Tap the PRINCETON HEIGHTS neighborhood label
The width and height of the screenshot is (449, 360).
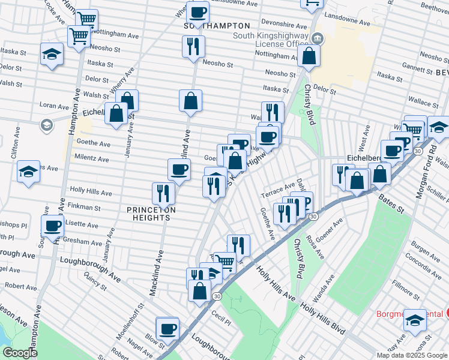[x=151, y=214]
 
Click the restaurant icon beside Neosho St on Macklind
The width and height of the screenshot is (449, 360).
[x=193, y=46]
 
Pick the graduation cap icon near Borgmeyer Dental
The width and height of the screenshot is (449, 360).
[x=415, y=320]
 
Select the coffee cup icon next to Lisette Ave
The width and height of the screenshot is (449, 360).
[x=53, y=226]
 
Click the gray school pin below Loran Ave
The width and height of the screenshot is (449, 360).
[x=46, y=125]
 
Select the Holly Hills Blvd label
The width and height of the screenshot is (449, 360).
[x=323, y=319]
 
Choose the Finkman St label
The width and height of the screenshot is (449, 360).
[x=85, y=207]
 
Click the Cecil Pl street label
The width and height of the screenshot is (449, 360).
[x=221, y=317]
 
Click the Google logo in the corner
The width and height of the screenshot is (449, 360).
[x=20, y=353]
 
